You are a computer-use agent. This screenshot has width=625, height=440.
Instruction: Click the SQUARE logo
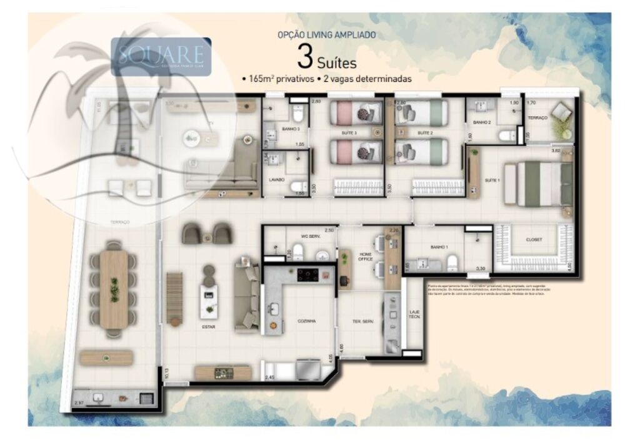(x=161, y=56)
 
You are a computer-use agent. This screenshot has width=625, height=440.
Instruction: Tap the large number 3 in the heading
(x=305, y=59)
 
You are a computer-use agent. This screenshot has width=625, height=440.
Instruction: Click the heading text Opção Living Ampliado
(x=326, y=36)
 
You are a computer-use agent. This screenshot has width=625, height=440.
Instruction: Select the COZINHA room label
(x=306, y=321)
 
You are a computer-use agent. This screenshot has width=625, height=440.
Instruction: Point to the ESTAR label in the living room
(x=209, y=326)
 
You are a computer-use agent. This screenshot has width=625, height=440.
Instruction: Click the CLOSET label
(x=534, y=239)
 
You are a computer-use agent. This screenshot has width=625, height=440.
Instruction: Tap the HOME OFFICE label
(x=365, y=257)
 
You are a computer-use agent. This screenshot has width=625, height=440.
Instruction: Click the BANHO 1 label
(x=439, y=248)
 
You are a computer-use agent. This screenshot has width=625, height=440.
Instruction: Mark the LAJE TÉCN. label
(x=414, y=315)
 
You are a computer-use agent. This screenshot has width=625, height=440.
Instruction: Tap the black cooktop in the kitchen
(x=308, y=274)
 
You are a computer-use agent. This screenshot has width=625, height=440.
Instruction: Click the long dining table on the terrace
(x=114, y=290)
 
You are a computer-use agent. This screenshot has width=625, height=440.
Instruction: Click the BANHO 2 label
(x=481, y=122)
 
